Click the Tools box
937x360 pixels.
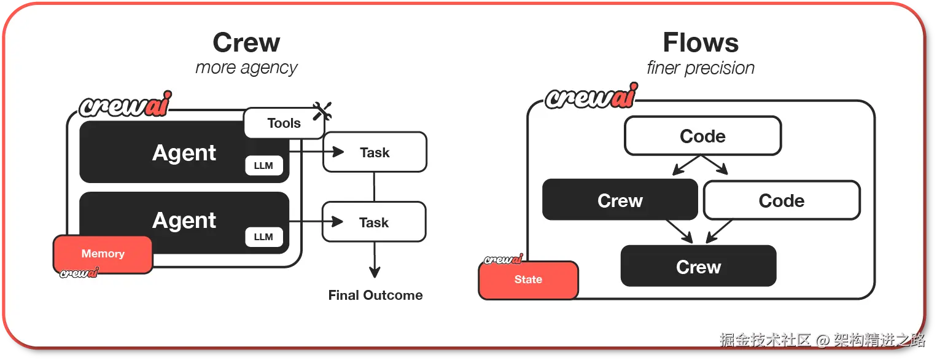[284, 123]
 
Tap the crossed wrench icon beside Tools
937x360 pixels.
[322, 111]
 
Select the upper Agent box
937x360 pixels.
[184, 152]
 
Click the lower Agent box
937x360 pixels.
[184, 222]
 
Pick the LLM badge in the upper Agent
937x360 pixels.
[263, 165]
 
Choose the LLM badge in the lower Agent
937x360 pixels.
[263, 237]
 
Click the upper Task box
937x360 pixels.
[375, 152]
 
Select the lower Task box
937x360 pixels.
[374, 222]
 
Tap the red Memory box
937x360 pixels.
[103, 254]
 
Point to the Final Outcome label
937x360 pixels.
[375, 295]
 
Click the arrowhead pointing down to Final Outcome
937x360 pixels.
[375, 272]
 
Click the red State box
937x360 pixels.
[528, 280]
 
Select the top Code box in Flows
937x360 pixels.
[702, 136]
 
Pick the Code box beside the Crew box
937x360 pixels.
[782, 200]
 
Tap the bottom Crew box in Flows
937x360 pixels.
[699, 266]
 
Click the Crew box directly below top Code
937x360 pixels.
[620, 200]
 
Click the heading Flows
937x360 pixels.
[701, 42]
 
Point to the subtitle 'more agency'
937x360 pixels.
[246, 68]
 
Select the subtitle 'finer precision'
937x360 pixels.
[701, 68]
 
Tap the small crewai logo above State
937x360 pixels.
[503, 259]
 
